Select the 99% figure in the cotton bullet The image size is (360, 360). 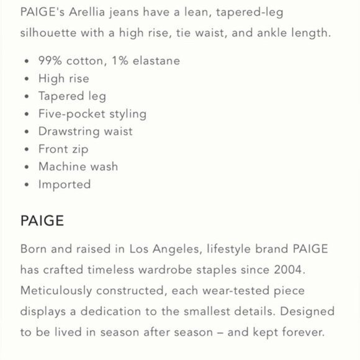tap(51, 61)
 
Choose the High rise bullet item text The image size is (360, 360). tap(63, 79)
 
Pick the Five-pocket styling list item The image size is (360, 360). tap(92, 114)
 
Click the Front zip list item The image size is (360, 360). tap(63, 149)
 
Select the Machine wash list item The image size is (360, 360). tap(78, 166)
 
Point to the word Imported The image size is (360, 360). tap(65, 184)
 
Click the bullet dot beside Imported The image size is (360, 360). tap(25, 185)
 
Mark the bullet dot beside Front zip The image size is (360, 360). tap(25, 150)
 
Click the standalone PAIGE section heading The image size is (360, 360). tap(42, 221)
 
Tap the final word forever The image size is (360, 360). tap(303, 332)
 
